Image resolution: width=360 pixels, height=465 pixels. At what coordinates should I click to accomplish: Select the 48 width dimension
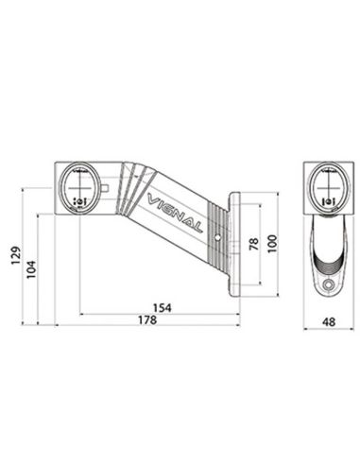[x=328, y=322]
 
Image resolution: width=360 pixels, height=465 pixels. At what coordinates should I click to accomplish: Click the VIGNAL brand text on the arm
[x=176, y=210]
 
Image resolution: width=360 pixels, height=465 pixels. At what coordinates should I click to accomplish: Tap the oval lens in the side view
[x=79, y=187]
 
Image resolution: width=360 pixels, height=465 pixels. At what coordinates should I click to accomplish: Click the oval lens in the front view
[x=328, y=187]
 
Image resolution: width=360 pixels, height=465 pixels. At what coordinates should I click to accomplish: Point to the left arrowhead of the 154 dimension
[x=81, y=314]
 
